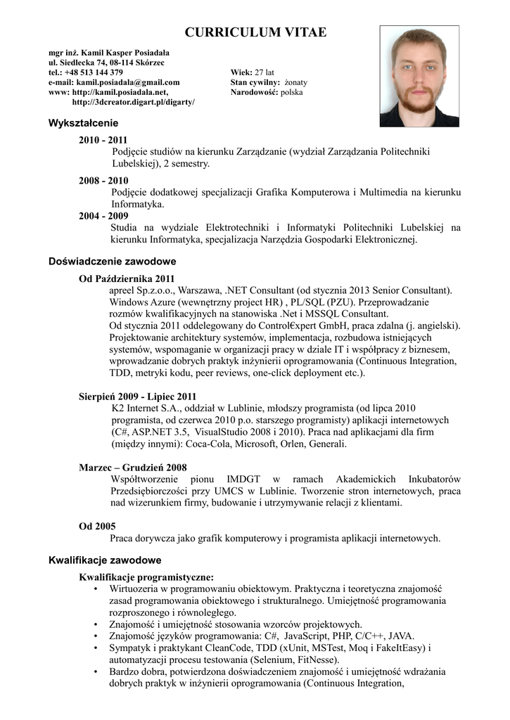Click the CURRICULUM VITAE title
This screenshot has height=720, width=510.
coord(255,32)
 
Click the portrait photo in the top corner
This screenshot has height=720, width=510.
coord(419,76)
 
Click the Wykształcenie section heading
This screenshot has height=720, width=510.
coord(78,123)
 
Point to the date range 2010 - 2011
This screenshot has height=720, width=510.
coord(103,140)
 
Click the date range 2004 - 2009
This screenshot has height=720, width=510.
coord(103,216)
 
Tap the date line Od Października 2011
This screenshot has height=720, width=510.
coord(127,278)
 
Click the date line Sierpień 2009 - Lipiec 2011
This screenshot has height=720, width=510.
coord(138,397)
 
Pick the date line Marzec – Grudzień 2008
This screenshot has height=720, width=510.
coord(133,467)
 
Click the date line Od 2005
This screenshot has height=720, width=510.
coord(97,526)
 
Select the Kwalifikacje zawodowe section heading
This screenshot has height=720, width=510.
coord(105,560)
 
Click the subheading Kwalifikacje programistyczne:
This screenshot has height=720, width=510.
coord(146,577)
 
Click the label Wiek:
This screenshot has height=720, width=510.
coord(241,72)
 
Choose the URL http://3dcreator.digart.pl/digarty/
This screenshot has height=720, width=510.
coord(134,102)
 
